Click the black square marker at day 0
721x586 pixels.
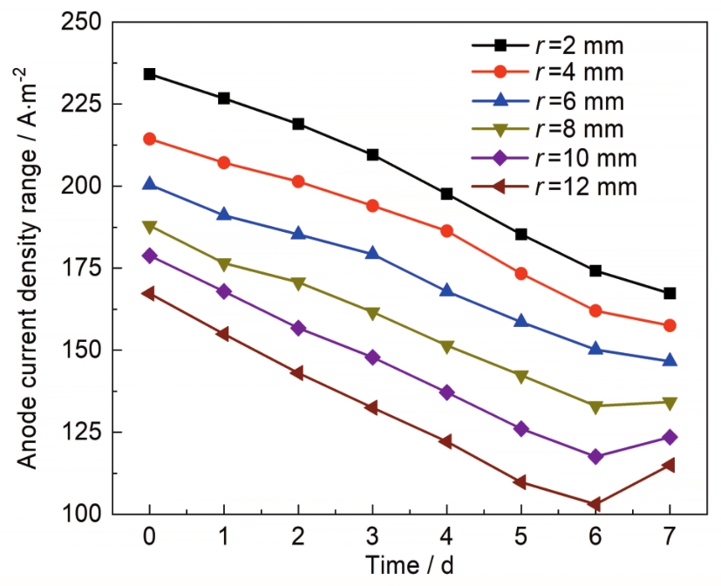point(150,74)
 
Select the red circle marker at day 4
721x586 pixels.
point(446,231)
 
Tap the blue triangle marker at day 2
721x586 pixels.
point(298,234)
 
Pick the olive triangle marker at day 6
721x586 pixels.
point(595,406)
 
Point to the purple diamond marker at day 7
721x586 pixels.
point(670,437)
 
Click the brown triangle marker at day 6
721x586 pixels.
point(595,504)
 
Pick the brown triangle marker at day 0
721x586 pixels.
point(150,294)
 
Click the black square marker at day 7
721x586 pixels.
point(670,294)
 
